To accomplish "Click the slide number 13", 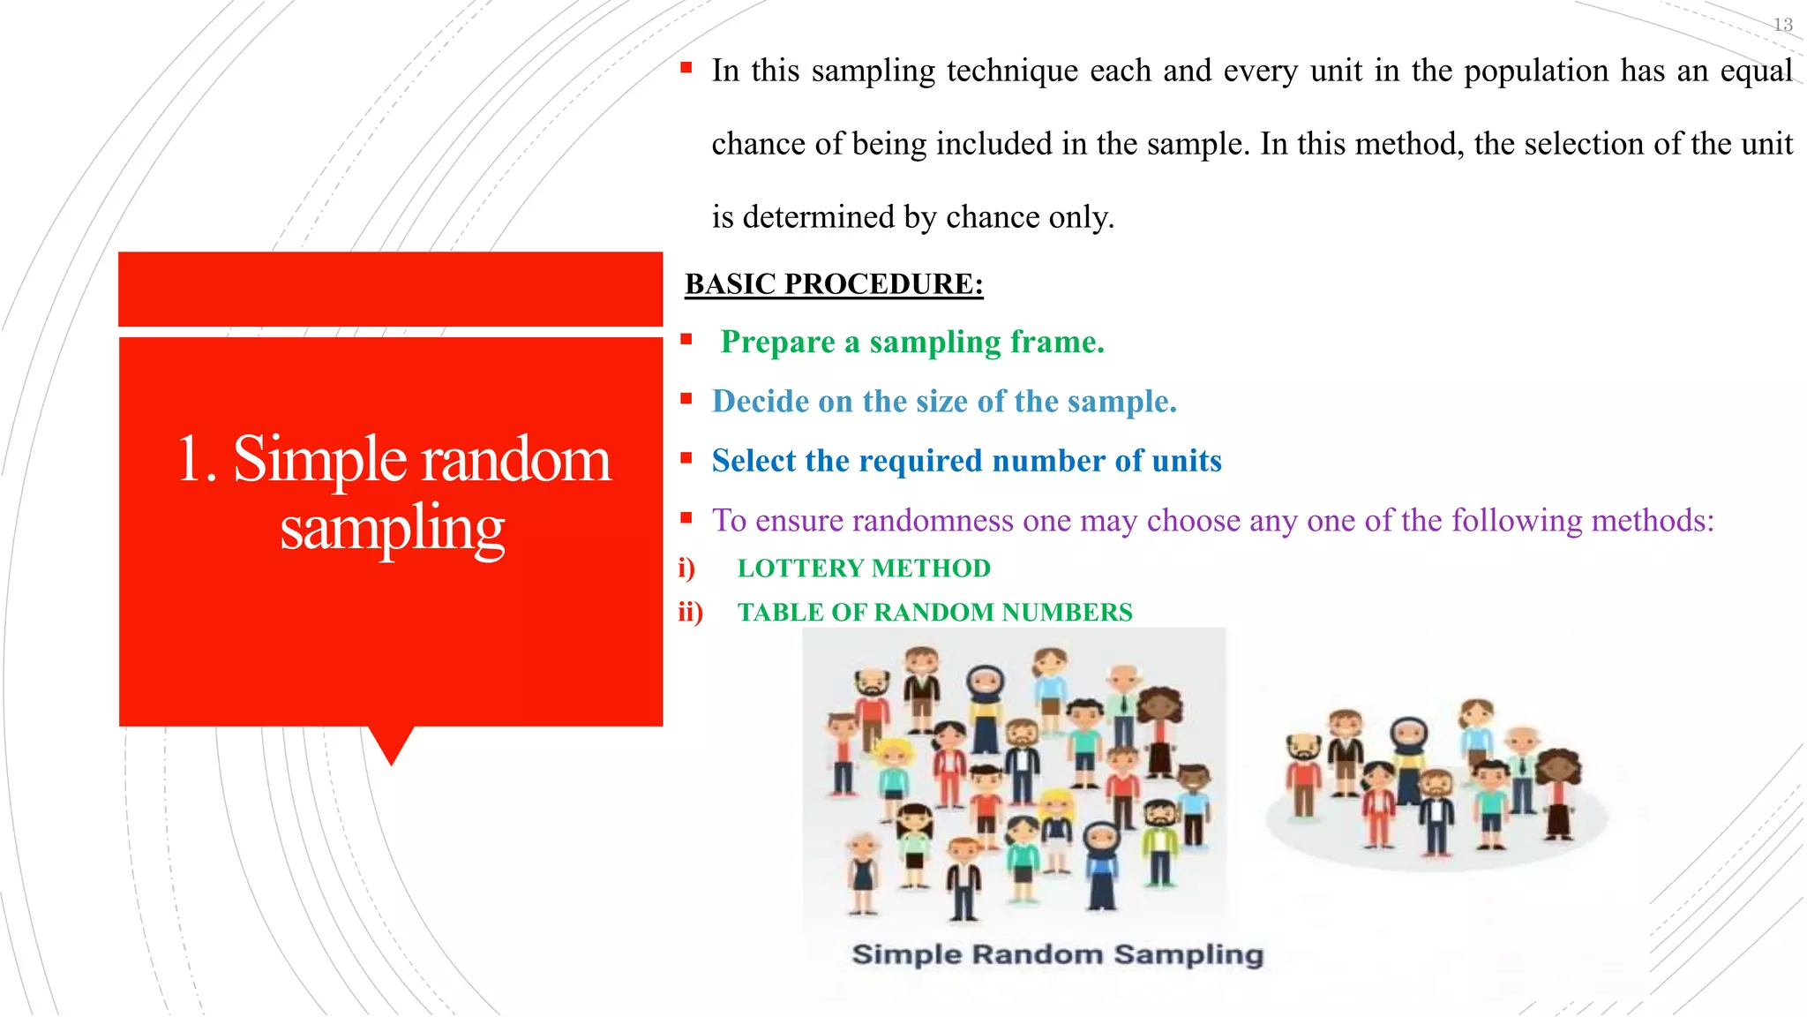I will tap(1782, 25).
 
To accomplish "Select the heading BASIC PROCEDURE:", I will tap(834, 284).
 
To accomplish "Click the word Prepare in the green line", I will tap(777, 343).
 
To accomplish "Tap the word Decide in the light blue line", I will tap(760, 402).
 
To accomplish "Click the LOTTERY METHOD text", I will tap(864, 569).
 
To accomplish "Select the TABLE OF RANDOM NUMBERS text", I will tap(934, 613).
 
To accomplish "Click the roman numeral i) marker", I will tap(686, 569).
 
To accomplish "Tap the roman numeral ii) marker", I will tap(690, 613).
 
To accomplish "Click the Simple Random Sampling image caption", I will tap(1057, 954).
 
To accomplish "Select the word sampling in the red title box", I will tap(392, 528).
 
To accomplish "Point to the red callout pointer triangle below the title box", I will tap(391, 744).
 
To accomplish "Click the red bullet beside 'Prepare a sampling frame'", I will tap(686, 338).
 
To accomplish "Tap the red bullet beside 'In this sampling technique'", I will tap(686, 67).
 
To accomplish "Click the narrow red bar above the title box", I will tap(390, 289).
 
